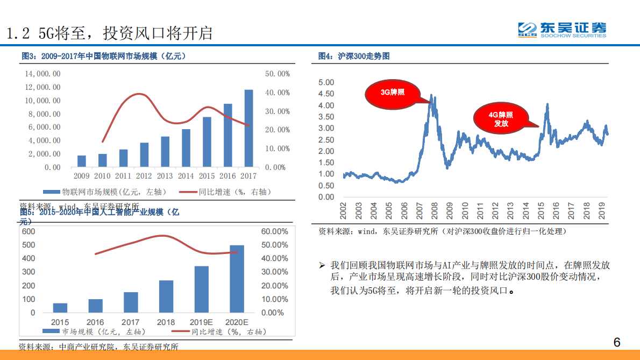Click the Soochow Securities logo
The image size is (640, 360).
pyautogui.click(x=561, y=30)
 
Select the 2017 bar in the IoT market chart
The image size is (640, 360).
pyautogui.click(x=248, y=128)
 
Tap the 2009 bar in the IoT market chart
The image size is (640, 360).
pyautogui.click(x=82, y=161)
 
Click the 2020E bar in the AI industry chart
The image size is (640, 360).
pyautogui.click(x=237, y=279)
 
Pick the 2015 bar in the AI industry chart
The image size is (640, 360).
pyautogui.click(x=60, y=308)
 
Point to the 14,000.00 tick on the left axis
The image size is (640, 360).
pyautogui.click(x=42, y=74)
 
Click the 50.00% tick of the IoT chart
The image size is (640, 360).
pyautogui.click(x=278, y=74)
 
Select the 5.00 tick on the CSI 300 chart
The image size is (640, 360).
pyautogui.click(x=326, y=82)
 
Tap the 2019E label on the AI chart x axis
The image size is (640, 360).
pyautogui.click(x=201, y=322)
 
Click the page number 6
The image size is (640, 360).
pyautogui.click(x=617, y=342)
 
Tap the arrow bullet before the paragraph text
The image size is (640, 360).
pyautogui.click(x=322, y=266)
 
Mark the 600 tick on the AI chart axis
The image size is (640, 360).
pyautogui.click(x=29, y=231)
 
